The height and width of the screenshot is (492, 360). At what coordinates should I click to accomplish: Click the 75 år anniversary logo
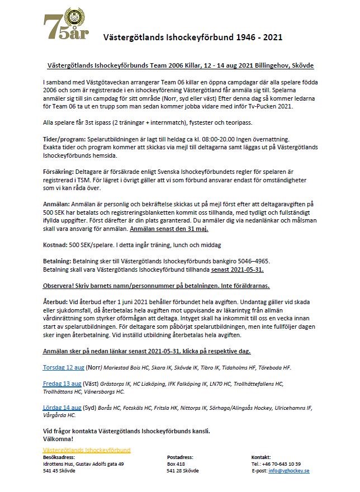(x=67, y=25)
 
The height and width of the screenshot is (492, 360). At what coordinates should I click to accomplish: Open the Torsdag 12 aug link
(x=64, y=367)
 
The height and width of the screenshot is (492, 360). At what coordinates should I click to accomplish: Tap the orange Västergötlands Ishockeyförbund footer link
(x=87, y=450)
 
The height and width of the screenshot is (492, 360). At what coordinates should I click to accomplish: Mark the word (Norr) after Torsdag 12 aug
(x=94, y=367)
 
